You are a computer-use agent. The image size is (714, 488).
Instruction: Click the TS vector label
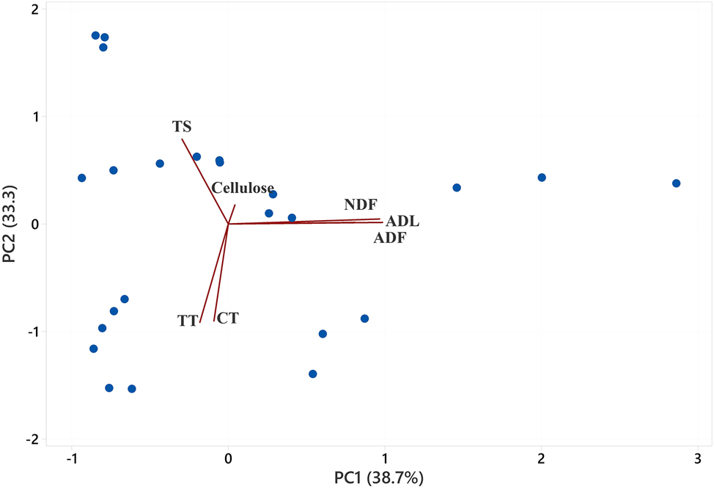[x=182, y=126]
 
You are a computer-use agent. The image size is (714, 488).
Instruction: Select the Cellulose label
[x=243, y=188]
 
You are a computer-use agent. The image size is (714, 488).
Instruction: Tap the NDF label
[x=360, y=205]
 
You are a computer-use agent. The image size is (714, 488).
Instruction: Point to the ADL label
[x=402, y=221]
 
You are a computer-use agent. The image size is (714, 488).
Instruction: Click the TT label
[x=188, y=321]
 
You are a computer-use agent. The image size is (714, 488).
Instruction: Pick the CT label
[x=228, y=318]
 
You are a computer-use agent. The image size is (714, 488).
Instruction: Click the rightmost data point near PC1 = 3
[x=676, y=183]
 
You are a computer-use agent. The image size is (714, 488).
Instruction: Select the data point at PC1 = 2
[x=542, y=178]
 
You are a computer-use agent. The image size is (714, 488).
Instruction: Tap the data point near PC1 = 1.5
[x=457, y=188]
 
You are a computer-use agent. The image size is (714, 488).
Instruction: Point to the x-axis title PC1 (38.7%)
[x=379, y=477]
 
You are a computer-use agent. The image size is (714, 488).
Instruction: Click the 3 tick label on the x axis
[x=697, y=459]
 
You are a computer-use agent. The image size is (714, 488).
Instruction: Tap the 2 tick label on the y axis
[x=34, y=9]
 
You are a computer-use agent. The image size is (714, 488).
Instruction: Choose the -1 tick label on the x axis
[x=71, y=459]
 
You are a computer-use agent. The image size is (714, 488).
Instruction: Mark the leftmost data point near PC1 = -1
[x=82, y=178]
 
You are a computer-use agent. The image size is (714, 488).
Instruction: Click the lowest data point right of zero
[x=313, y=374]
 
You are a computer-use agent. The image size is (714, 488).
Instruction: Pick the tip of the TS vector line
[x=182, y=139]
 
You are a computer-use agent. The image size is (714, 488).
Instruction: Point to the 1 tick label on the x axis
[x=385, y=459]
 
